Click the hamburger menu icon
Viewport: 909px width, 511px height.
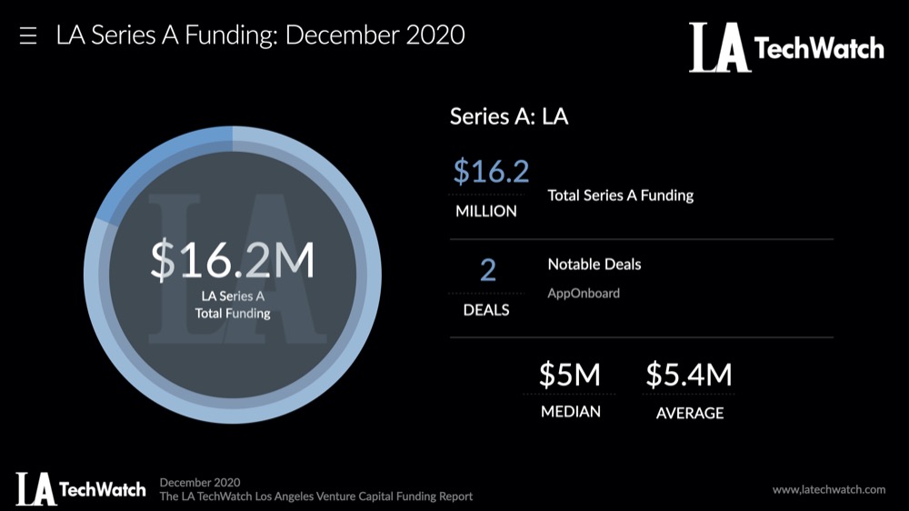click(x=28, y=36)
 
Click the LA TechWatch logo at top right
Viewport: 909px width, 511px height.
click(x=785, y=47)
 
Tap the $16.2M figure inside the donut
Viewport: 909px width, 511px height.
click(x=233, y=260)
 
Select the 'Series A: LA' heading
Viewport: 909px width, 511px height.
click(x=509, y=116)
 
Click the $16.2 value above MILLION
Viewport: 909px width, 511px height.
click(x=491, y=171)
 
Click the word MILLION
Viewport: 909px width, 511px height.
click(x=485, y=211)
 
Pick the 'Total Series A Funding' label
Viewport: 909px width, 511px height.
click(x=620, y=195)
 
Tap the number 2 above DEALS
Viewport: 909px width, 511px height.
click(x=487, y=270)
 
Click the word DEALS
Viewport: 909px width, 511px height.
click(x=486, y=310)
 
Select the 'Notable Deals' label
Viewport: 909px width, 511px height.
click(x=594, y=265)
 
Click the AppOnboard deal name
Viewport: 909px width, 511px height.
click(x=584, y=294)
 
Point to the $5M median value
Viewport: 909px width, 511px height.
click(x=570, y=375)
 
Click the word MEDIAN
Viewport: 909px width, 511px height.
click(x=570, y=412)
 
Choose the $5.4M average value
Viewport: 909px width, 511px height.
click(x=688, y=375)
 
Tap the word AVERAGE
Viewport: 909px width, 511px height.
click(x=689, y=413)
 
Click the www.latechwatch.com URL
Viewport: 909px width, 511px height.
click(x=828, y=489)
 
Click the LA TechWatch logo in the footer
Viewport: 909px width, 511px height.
click(x=80, y=488)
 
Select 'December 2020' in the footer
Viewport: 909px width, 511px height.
click(x=199, y=482)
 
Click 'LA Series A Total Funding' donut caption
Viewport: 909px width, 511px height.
click(x=233, y=306)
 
